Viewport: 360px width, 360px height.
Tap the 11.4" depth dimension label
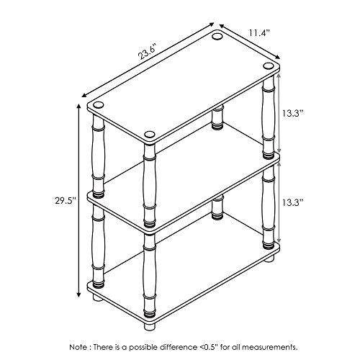(x=259, y=32)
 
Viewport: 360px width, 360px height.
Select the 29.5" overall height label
(x=66, y=200)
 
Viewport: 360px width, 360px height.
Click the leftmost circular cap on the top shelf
(x=99, y=105)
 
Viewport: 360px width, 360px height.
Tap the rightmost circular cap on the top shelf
(x=268, y=66)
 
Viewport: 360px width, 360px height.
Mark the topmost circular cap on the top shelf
(x=217, y=36)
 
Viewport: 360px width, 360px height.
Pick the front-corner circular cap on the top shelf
(x=150, y=135)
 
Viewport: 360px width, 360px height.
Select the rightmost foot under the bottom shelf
(x=269, y=258)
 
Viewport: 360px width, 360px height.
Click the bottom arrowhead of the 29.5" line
(x=78, y=294)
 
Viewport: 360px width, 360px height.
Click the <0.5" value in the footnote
(x=208, y=347)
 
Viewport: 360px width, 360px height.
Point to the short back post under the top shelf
(x=218, y=117)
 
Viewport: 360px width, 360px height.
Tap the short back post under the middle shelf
(x=217, y=207)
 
